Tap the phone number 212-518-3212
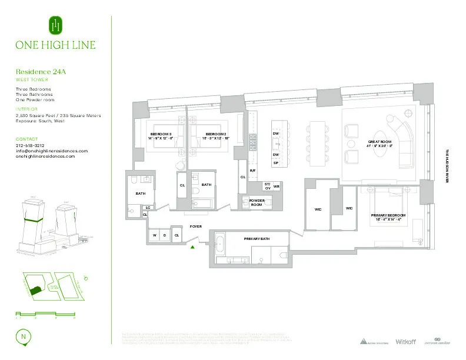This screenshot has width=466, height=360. click(x=31, y=145)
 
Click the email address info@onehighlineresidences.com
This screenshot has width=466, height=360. click(x=52, y=151)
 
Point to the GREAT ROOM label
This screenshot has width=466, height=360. click(x=376, y=142)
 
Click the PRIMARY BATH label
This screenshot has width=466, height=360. click(x=256, y=238)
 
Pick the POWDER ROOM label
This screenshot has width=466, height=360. click(x=257, y=202)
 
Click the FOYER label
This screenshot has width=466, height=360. click(x=195, y=226)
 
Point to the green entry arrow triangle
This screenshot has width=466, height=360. click(x=192, y=248)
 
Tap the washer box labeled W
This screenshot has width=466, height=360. click(x=155, y=235)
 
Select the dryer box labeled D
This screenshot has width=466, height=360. click(x=165, y=235)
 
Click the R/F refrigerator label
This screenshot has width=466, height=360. click(x=252, y=171)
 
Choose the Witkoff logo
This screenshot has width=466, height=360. click(x=405, y=342)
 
